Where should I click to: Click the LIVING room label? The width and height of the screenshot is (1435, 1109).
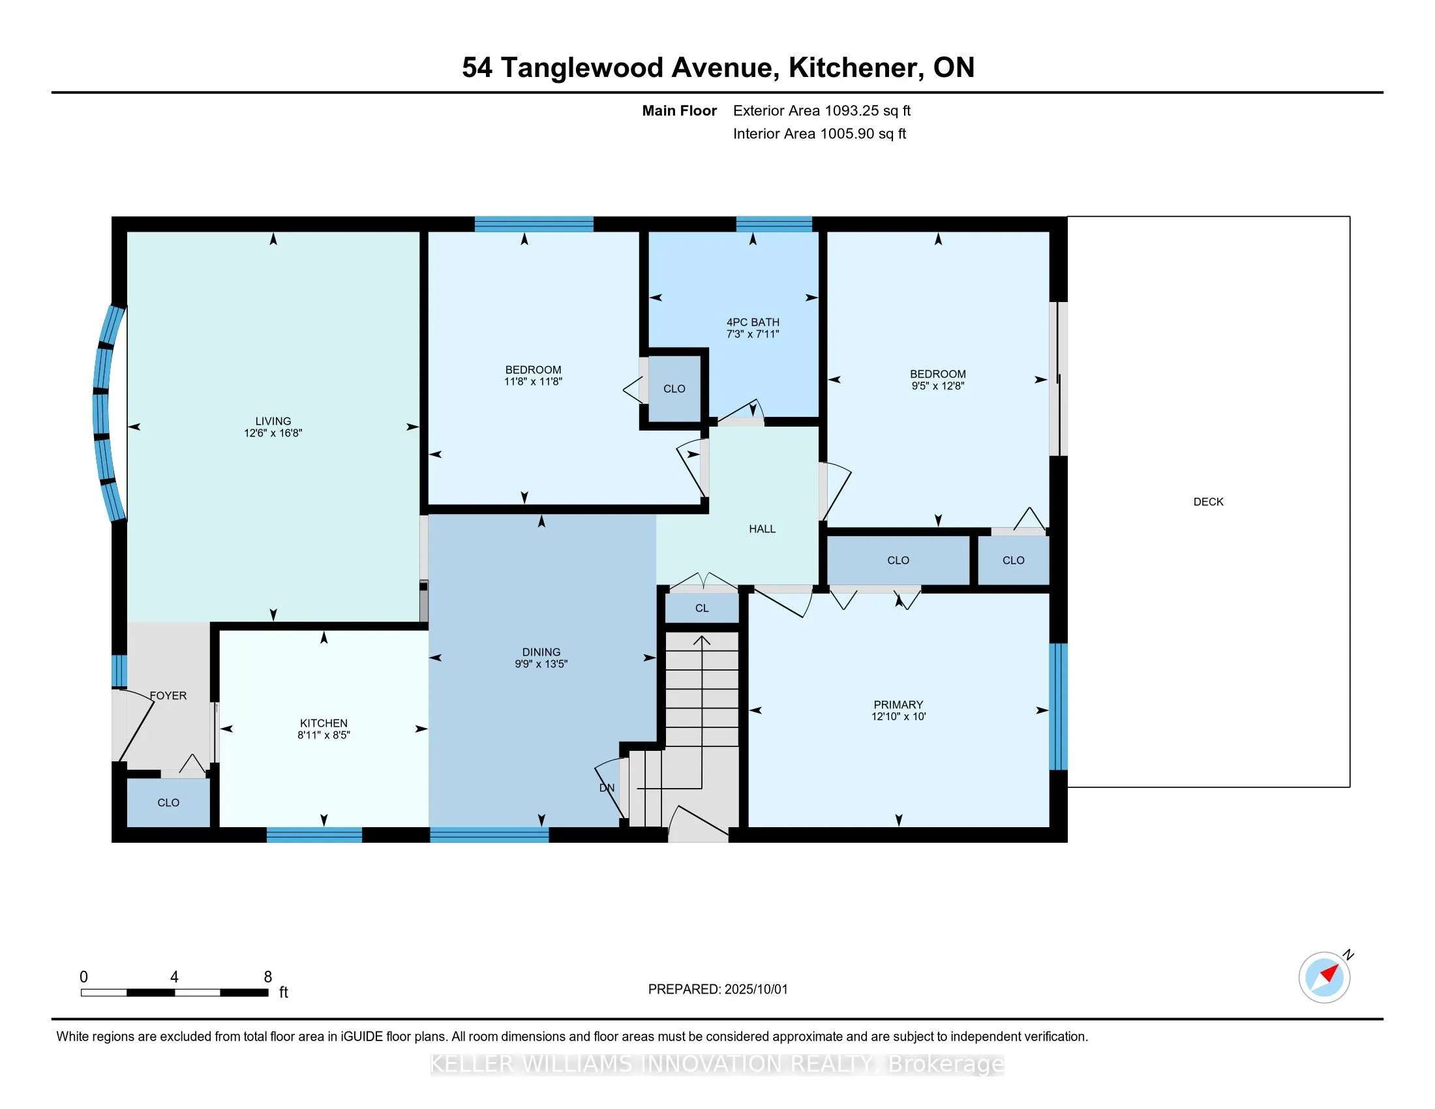(273, 421)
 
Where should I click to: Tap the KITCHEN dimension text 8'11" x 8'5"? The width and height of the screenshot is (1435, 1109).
(324, 735)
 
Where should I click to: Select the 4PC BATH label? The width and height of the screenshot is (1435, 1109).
(753, 322)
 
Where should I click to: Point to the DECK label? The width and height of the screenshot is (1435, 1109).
(1208, 502)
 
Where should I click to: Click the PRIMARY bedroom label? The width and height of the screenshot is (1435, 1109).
(898, 705)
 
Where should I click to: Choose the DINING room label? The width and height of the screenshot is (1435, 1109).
(541, 652)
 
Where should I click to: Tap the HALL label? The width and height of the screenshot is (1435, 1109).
(762, 529)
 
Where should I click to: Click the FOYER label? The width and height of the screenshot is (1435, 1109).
(168, 696)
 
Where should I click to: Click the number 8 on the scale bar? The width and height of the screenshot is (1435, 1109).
(267, 977)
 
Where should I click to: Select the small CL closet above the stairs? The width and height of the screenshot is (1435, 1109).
(702, 608)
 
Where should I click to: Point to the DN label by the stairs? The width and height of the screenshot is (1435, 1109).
(607, 788)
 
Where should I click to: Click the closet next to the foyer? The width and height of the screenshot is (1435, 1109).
(168, 802)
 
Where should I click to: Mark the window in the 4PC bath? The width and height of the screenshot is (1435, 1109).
(774, 224)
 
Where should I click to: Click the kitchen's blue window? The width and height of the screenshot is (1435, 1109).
(314, 835)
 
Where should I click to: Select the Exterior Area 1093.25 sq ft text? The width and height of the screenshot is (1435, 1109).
(822, 111)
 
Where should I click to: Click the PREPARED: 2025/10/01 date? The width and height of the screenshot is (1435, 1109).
(717, 990)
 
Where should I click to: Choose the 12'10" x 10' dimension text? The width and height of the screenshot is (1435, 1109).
(898, 717)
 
